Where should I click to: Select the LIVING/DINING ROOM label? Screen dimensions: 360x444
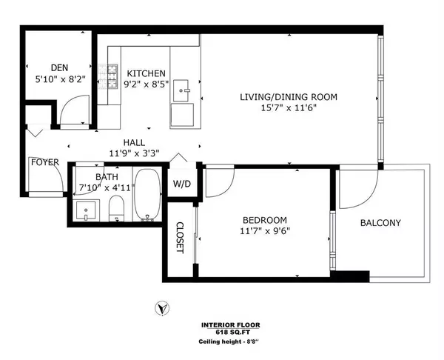pyautogui.click(x=289, y=97)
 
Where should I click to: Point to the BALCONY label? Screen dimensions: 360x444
pyautogui.click(x=380, y=223)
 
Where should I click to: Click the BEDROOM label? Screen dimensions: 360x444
pyautogui.click(x=265, y=220)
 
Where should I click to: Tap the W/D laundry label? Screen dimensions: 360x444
pyautogui.click(x=182, y=184)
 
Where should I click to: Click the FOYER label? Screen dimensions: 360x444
pyautogui.click(x=44, y=162)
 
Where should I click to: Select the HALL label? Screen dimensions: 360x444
pyautogui.click(x=134, y=143)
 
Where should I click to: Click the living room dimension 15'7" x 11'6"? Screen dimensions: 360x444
pyautogui.click(x=289, y=109)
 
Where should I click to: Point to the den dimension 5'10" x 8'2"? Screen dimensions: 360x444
pyautogui.click(x=59, y=78)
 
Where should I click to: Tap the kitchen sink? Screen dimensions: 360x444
pyautogui.click(x=185, y=92)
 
